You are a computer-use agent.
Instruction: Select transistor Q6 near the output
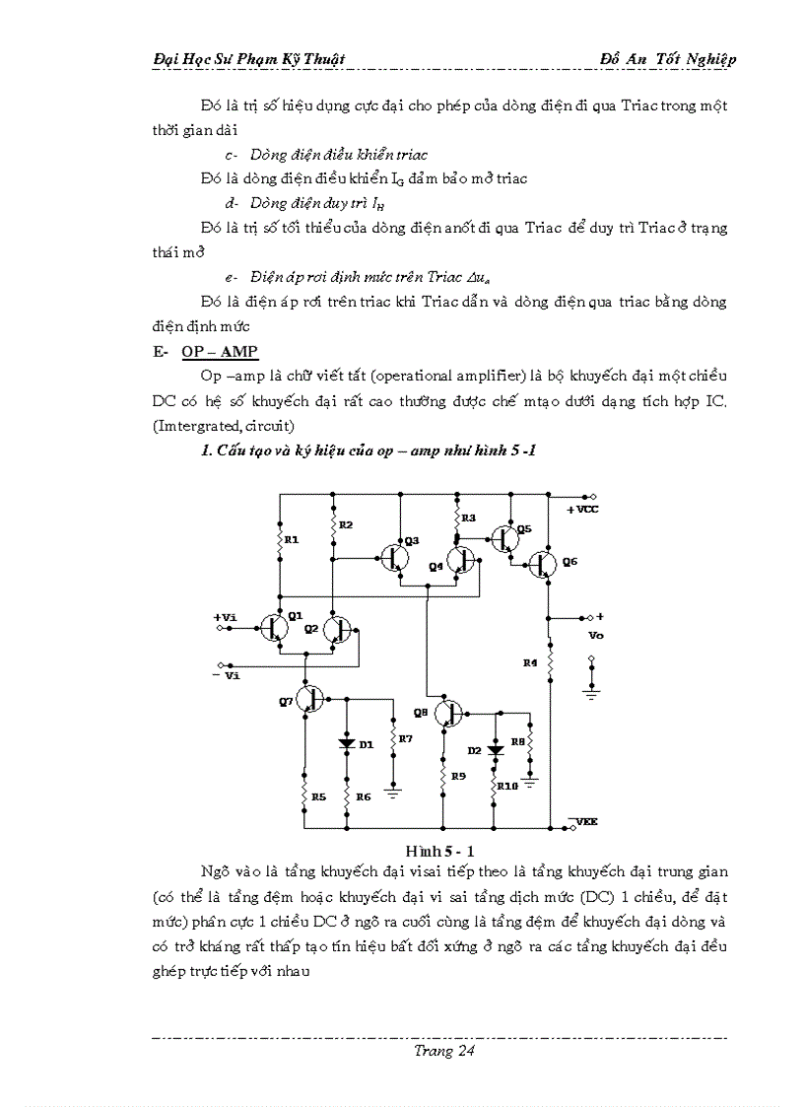(x=541, y=565)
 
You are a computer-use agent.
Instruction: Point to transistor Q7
(x=311, y=699)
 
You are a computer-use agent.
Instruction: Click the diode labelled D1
(x=347, y=743)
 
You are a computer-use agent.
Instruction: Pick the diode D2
(x=495, y=750)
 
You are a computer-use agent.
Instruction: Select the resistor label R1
(x=291, y=539)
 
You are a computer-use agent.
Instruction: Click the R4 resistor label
(x=530, y=663)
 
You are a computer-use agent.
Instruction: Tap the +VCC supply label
(x=582, y=510)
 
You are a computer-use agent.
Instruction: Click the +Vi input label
(x=225, y=617)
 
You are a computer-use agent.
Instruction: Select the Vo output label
(x=595, y=636)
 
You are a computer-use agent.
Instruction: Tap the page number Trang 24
(x=444, y=1051)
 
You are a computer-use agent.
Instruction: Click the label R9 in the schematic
(x=458, y=777)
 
